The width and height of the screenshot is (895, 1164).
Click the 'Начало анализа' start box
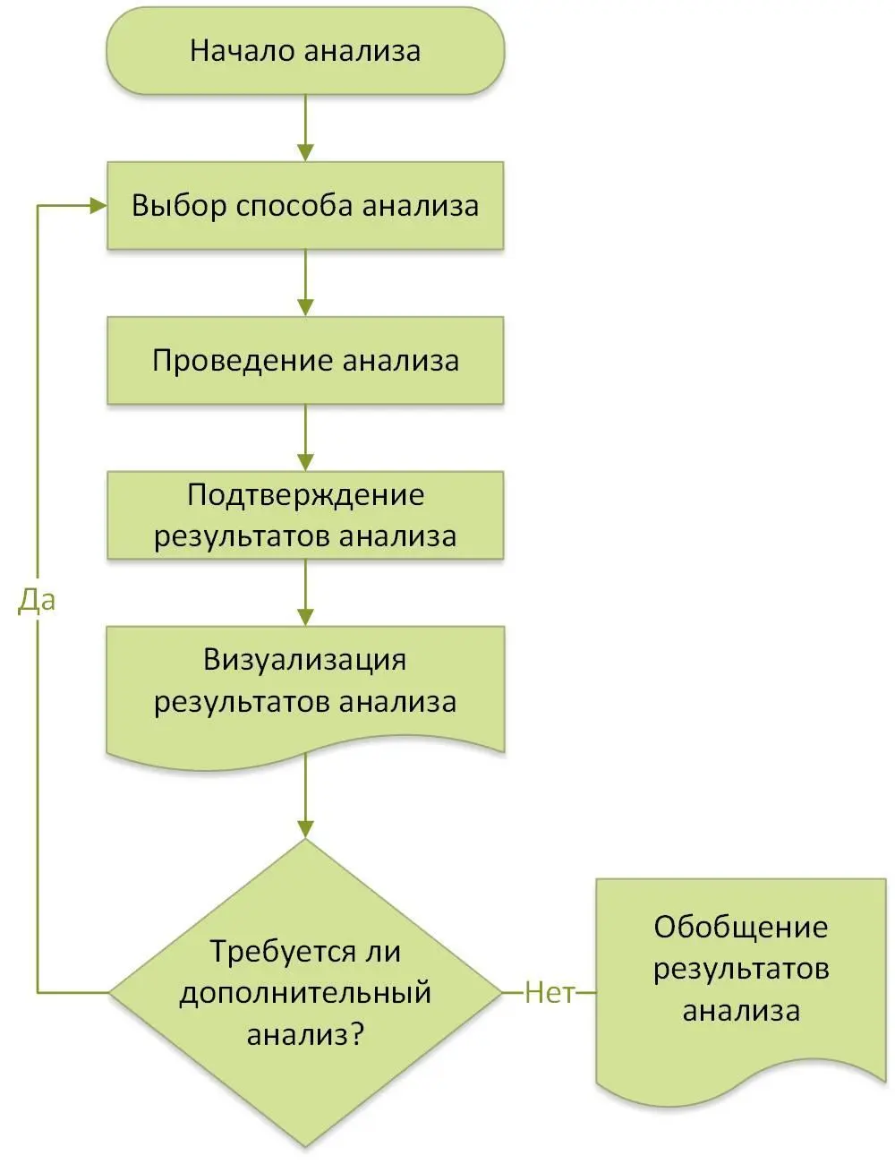point(305,51)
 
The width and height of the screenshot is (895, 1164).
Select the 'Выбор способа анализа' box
point(305,206)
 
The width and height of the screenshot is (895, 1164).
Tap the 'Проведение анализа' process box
point(305,361)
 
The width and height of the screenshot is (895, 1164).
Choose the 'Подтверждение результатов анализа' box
point(305,516)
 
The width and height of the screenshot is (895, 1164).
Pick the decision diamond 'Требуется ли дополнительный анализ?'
point(305,992)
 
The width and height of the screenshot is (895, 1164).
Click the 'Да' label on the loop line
point(37,601)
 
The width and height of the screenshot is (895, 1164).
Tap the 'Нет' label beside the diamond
point(549,992)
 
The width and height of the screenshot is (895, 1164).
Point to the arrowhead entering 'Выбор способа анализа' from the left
point(98,206)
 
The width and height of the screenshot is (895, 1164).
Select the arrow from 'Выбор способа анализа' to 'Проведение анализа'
point(305,283)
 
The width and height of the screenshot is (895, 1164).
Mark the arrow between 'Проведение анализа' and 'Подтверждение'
point(305,438)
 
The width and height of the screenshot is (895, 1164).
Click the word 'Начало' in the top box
point(243,51)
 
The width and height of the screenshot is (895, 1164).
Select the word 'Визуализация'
point(305,661)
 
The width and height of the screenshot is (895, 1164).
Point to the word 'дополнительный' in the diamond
point(305,993)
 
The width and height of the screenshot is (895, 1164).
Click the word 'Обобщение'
point(740,927)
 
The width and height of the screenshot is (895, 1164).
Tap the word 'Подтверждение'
point(305,495)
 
